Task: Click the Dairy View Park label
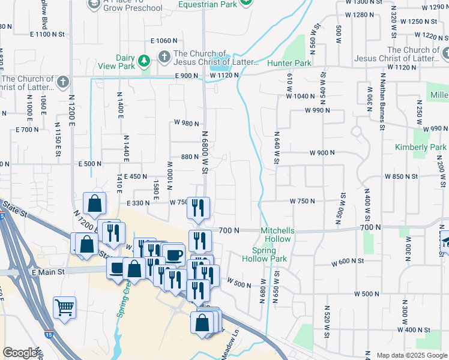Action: pyautogui.click(x=125, y=62)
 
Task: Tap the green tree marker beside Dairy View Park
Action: pyautogui.click(x=143, y=61)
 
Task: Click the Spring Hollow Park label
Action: pyautogui.click(x=264, y=254)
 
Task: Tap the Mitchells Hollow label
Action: pyautogui.click(x=277, y=235)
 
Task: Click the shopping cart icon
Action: pyautogui.click(x=64, y=307)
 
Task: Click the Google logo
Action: pyautogui.click(x=20, y=353)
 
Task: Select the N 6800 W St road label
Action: pyautogui.click(x=204, y=153)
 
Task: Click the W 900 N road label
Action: pyautogui.click(x=322, y=153)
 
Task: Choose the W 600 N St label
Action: pyautogui.click(x=348, y=262)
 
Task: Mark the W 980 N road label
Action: pyautogui.click(x=187, y=122)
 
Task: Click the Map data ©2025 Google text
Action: pyautogui.click(x=411, y=355)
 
